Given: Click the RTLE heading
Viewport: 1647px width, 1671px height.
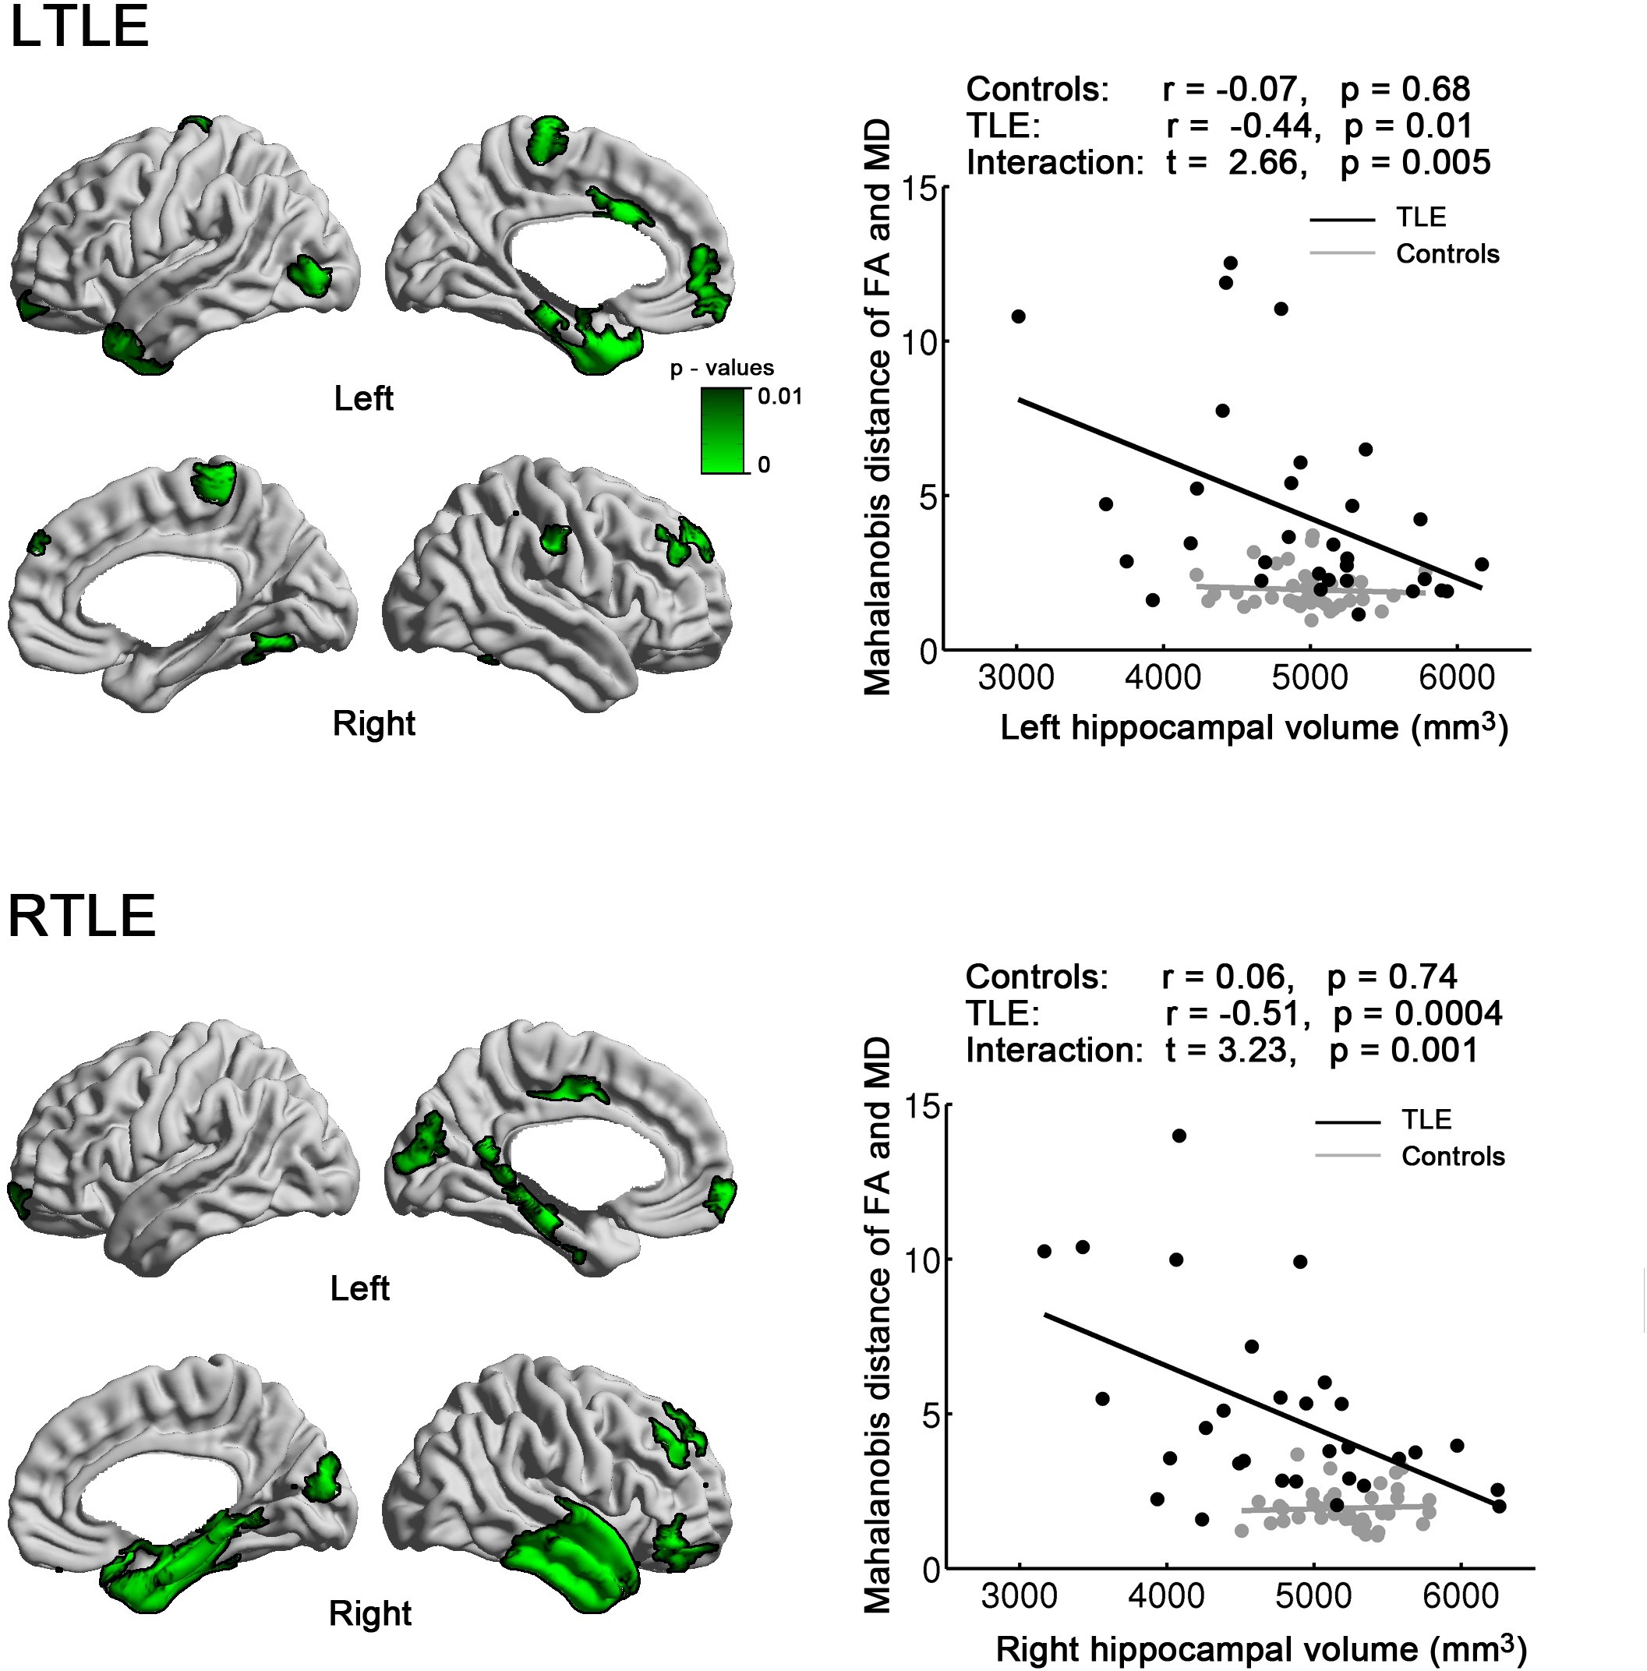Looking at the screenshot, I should tap(82, 916).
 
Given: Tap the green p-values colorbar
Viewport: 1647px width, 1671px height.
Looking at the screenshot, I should tap(723, 430).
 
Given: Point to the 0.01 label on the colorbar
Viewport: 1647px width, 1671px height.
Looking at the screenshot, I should tap(779, 397).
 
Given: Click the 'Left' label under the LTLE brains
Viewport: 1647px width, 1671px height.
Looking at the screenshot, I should tap(363, 399).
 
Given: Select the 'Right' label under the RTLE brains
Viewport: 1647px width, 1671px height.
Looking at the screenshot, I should tap(370, 1613).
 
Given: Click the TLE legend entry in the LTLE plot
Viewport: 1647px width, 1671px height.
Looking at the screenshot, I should tap(1420, 217).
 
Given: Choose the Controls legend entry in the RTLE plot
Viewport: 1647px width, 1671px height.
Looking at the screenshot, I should tap(1452, 1157).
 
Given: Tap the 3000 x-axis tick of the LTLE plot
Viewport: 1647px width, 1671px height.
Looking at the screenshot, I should tap(1016, 678).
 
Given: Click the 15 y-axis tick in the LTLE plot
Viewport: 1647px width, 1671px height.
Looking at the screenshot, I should tap(922, 188).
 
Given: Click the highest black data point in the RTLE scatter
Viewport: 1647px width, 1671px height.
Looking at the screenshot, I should tap(1179, 1136).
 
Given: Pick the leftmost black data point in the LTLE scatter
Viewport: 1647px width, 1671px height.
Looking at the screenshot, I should tap(1018, 316).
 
